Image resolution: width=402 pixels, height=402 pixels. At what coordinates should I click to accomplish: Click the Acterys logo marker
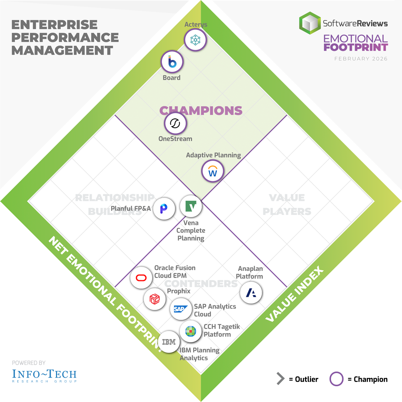point(195,40)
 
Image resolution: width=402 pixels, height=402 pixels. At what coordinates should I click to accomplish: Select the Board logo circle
point(172,62)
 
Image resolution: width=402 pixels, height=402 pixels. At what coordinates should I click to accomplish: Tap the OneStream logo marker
point(175,124)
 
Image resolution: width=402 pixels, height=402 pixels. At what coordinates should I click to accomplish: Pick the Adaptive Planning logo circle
point(213,171)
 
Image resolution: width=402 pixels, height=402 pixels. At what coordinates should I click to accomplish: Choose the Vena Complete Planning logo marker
point(191,206)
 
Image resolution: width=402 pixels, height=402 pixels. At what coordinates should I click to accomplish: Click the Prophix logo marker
point(155,299)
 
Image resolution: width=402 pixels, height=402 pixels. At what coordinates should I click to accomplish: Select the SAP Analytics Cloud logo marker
point(181,309)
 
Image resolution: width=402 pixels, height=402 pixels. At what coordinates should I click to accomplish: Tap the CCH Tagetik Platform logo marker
point(190,331)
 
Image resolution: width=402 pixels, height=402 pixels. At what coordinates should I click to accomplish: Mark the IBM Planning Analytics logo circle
point(169,342)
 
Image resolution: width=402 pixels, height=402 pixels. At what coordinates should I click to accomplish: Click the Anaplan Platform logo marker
point(251,292)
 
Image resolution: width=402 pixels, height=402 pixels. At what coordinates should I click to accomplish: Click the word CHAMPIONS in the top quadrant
point(201,110)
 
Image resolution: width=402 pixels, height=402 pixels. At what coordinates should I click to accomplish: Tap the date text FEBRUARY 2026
point(361,59)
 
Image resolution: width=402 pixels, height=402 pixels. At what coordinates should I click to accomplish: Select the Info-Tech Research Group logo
point(44,375)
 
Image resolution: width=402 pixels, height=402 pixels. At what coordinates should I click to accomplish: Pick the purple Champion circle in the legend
point(336,379)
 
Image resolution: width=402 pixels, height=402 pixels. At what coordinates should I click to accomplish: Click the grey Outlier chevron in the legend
point(280,379)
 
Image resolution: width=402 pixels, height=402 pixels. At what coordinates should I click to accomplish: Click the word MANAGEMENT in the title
point(62,50)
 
